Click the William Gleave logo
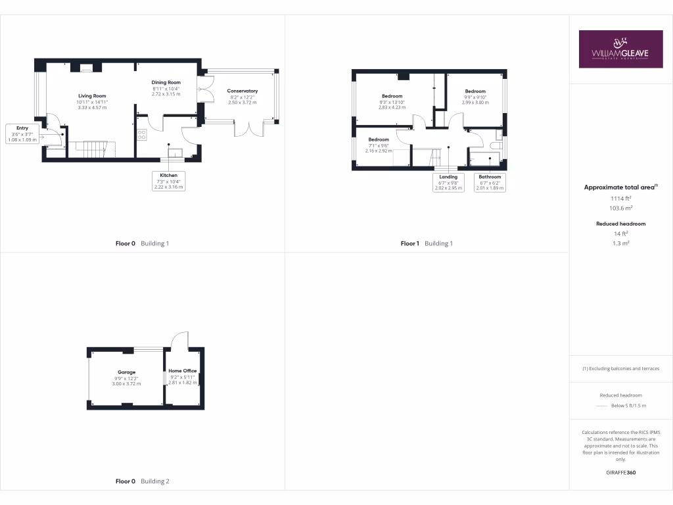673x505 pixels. [620, 49]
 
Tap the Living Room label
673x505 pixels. [92, 96]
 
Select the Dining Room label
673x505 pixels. [166, 82]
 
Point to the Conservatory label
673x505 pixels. [242, 91]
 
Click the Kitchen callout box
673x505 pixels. [168, 181]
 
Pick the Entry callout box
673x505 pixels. [23, 133]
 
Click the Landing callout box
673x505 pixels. [448, 182]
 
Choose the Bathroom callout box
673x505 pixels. [490, 182]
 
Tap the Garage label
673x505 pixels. [126, 372]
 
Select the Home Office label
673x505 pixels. [182, 371]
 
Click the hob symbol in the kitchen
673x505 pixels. [141, 134]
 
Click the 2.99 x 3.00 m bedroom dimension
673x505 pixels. [475, 103]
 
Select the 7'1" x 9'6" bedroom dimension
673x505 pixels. [379, 145]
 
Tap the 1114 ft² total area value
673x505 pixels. [620, 198]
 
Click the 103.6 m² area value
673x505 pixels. [620, 208]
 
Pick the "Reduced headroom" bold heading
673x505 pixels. [620, 224]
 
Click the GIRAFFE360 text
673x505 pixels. [620, 473]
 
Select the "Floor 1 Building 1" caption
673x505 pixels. [427, 243]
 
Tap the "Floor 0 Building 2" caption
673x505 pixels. [142, 481]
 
